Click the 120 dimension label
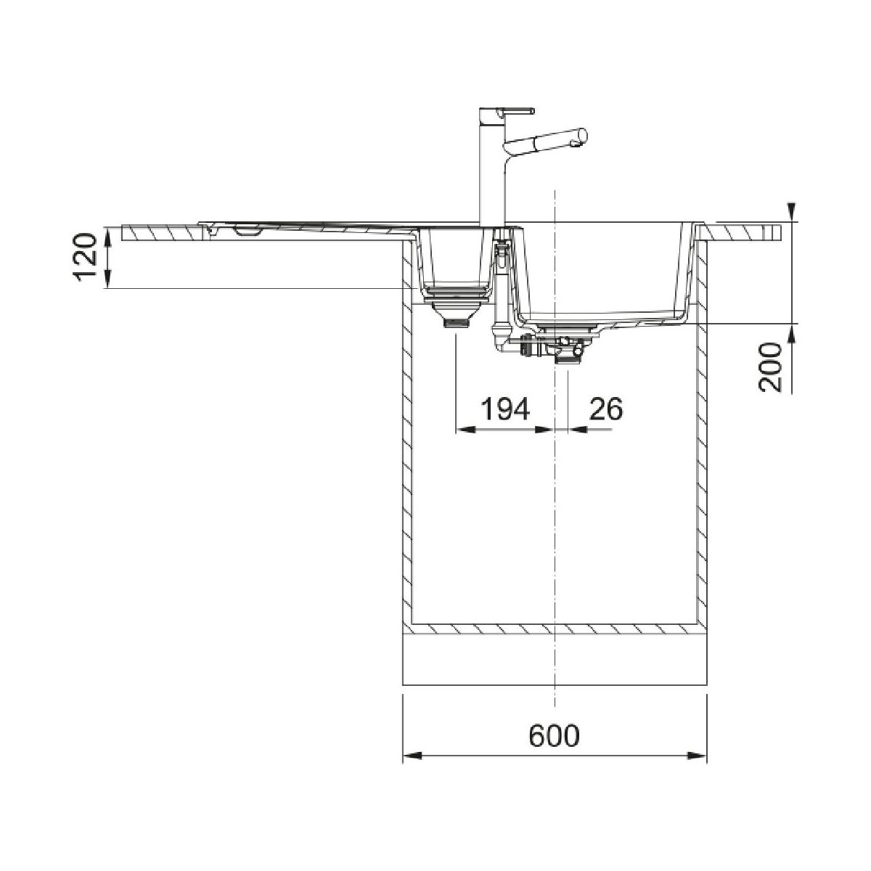[85, 257]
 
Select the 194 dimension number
[504, 409]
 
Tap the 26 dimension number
[605, 409]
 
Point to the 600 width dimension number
[554, 735]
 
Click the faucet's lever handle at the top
[518, 110]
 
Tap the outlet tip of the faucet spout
[576, 143]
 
